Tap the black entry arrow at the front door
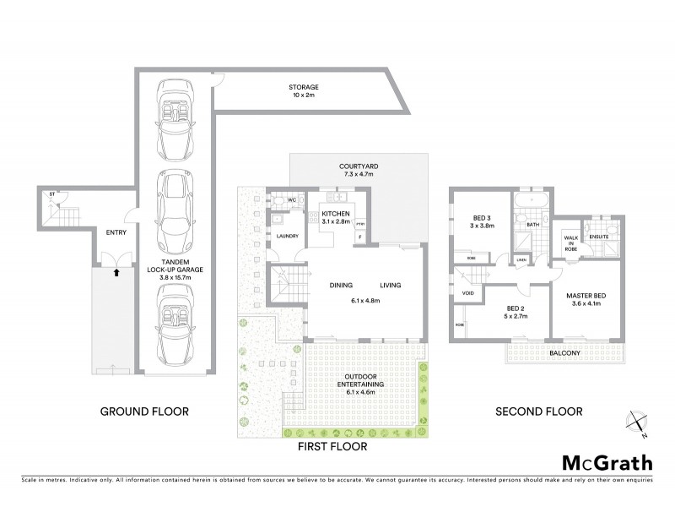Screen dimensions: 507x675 116,272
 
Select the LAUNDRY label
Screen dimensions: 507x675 286,236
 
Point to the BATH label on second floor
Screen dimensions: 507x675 532,226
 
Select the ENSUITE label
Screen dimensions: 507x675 600,237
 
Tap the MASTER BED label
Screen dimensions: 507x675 591,295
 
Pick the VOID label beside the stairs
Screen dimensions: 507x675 467,293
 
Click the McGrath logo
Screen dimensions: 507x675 606,464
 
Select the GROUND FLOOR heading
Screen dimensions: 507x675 144,412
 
